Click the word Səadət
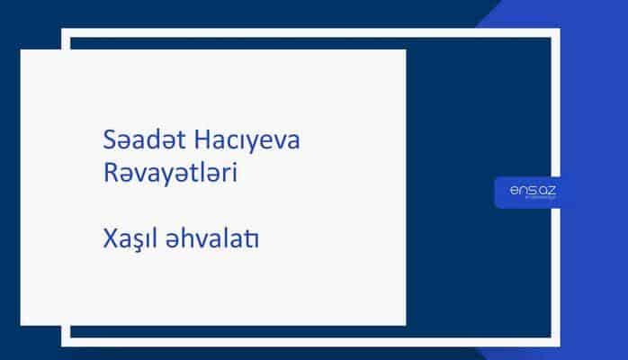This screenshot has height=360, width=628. click(x=137, y=142)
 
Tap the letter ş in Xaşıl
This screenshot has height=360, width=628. click(x=134, y=243)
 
